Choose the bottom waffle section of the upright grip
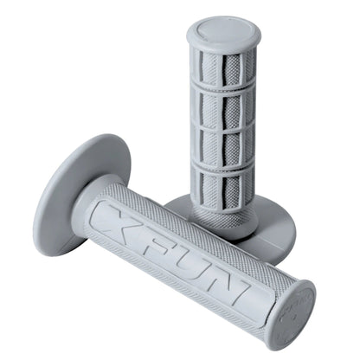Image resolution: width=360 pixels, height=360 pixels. click(223, 188)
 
